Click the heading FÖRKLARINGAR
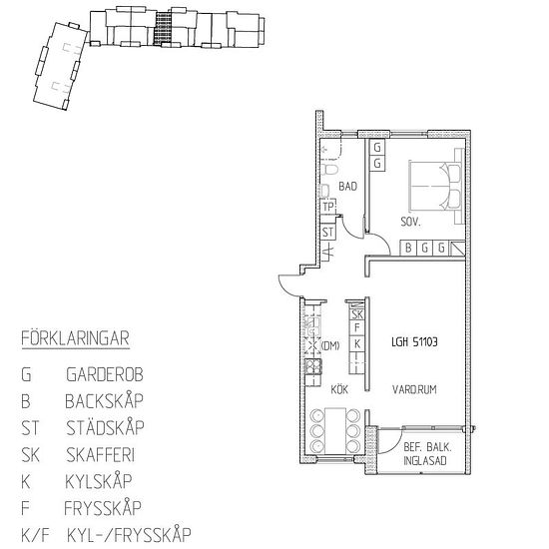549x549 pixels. [x=75, y=336]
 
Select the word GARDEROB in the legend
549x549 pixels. [x=104, y=376]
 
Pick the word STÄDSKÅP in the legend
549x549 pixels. [x=104, y=429]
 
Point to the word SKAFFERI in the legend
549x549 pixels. [x=103, y=456]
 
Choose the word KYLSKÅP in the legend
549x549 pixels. [x=100, y=482]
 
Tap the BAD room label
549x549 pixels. [x=347, y=186]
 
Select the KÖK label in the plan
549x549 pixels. [x=340, y=390]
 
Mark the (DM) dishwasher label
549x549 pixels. [x=331, y=345]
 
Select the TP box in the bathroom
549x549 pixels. [x=327, y=207]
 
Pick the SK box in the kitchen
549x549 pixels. [x=356, y=314]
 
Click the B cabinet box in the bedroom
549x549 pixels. [x=408, y=248]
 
